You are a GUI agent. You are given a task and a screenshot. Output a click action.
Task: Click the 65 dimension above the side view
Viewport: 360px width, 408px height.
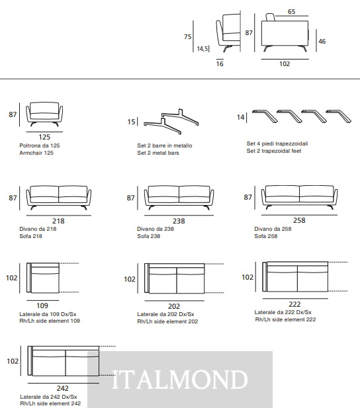click(x=291, y=12)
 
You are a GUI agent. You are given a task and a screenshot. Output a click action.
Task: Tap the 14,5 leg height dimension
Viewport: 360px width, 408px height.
click(x=202, y=49)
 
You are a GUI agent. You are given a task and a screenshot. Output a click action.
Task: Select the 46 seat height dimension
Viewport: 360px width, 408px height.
click(x=322, y=42)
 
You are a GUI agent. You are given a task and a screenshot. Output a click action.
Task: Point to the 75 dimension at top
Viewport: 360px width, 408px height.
click(x=187, y=36)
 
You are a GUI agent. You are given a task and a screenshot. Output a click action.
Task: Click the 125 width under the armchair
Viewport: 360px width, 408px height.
click(x=44, y=137)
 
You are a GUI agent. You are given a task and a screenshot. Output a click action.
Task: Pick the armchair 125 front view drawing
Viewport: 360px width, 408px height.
click(x=44, y=114)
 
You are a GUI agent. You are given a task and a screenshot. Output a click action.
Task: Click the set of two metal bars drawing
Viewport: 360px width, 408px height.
click(x=171, y=122)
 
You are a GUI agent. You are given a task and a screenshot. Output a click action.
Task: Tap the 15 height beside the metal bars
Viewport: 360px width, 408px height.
click(x=131, y=122)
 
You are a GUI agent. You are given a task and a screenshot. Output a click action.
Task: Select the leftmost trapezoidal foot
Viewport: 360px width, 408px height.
click(x=265, y=116)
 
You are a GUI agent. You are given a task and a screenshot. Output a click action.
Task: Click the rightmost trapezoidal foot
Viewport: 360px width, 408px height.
click(x=338, y=116)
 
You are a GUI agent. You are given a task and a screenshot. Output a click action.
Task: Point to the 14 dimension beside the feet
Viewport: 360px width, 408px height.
click(x=240, y=117)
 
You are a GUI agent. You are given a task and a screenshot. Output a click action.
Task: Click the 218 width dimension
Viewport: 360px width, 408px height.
click(x=58, y=221)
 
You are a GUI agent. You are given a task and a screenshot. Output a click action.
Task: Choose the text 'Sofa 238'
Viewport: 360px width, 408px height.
click(x=148, y=236)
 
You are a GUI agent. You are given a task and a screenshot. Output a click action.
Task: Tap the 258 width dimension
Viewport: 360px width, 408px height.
click(x=299, y=220)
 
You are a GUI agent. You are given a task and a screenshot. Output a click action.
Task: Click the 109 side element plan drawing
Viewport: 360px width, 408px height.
click(x=43, y=278)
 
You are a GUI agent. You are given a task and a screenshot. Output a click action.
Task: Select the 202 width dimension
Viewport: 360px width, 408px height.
click(x=174, y=306)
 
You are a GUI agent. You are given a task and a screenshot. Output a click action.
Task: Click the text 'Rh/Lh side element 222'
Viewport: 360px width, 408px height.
click(x=285, y=319)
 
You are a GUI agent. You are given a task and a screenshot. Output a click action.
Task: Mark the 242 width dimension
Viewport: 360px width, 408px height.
click(x=62, y=388)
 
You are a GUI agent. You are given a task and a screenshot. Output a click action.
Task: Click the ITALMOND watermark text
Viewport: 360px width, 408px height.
click(x=179, y=380)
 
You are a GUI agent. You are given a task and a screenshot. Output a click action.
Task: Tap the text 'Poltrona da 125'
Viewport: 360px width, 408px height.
click(x=40, y=145)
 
